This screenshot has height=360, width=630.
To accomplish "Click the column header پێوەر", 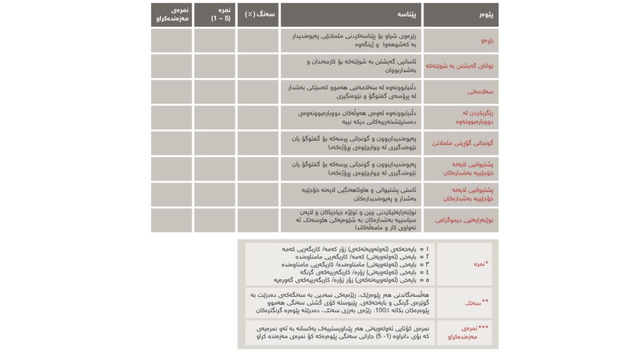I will tap(461, 14).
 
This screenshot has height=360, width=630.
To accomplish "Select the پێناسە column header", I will tap(351, 14).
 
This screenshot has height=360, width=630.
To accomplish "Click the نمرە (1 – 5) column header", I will tap(214, 14).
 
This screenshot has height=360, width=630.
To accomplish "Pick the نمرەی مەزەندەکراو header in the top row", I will tap(171, 14).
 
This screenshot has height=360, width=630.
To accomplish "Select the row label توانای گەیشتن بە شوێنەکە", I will tap(461, 66).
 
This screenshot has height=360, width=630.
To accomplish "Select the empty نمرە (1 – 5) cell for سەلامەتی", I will tap(214, 92).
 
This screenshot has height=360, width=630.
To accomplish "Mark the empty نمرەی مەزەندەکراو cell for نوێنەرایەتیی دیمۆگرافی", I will tap(171, 221).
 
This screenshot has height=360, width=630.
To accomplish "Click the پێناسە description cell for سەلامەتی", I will tap(351, 92).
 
